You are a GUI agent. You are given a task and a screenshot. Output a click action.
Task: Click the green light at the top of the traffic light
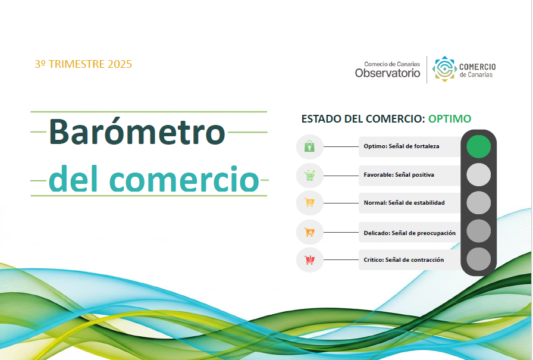pyautogui.click(x=478, y=146)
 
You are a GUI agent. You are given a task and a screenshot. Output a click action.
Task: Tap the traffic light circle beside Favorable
pyautogui.click(x=478, y=175)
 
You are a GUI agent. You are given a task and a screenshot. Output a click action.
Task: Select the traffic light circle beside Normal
pyautogui.click(x=478, y=203)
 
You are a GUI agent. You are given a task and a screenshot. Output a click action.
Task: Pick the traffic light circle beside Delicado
pyautogui.click(x=478, y=231)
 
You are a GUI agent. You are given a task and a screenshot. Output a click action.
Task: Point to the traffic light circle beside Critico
pyautogui.click(x=478, y=259)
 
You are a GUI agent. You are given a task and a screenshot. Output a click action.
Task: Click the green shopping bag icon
pyautogui.click(x=309, y=146)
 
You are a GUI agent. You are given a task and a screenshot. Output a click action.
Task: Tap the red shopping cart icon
pyautogui.click(x=309, y=260)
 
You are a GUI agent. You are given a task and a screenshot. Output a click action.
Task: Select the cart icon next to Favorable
pyautogui.click(x=309, y=176)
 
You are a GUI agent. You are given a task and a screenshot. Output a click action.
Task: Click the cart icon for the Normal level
pyautogui.click(x=309, y=202)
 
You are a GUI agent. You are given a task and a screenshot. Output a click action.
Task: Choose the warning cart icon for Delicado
pyautogui.click(x=309, y=232)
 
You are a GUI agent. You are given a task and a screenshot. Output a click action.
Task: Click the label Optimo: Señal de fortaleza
pyautogui.click(x=402, y=146)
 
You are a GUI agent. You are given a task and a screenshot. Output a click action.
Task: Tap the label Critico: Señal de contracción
pyautogui.click(x=404, y=259)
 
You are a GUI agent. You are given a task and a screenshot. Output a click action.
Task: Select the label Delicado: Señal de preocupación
pyautogui.click(x=410, y=233)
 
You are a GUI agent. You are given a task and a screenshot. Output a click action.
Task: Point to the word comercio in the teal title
pyautogui.click(x=184, y=179)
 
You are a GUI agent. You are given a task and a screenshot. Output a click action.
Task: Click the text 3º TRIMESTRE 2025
pyautogui.click(x=83, y=64)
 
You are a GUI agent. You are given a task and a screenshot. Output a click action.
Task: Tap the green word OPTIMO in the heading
pyautogui.click(x=449, y=118)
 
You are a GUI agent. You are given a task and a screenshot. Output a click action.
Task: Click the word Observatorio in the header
pyautogui.click(x=387, y=73)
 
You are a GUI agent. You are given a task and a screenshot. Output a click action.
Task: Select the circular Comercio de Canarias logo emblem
pyautogui.click(x=444, y=69)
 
